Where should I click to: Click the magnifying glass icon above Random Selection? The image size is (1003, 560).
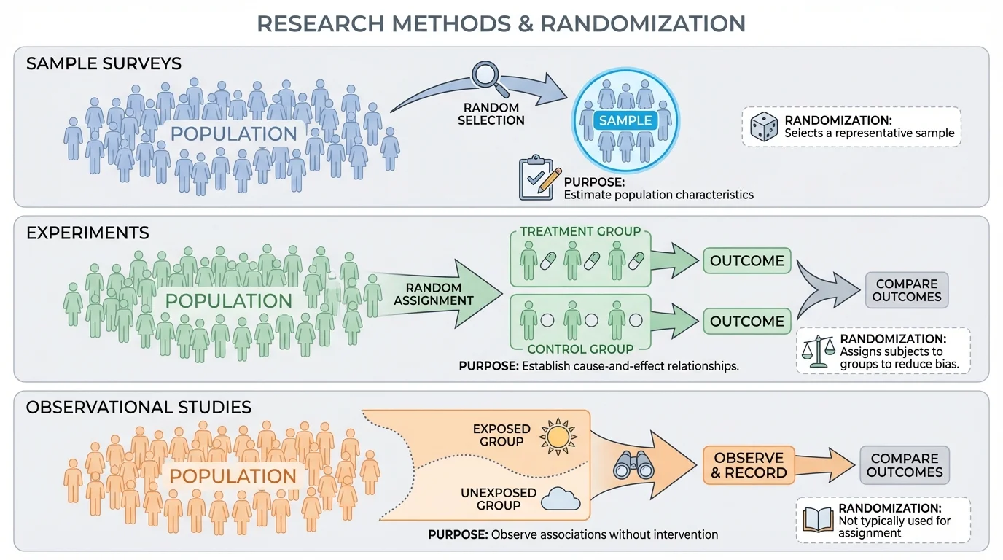(485, 76)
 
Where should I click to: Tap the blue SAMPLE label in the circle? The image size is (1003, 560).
(625, 120)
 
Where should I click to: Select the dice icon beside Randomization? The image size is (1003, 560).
(765, 127)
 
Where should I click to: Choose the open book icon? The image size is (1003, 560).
(817, 519)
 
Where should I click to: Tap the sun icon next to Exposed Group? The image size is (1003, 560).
(558, 435)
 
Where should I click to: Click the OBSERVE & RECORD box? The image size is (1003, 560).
(749, 465)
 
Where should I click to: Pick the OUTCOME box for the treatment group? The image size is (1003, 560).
(746, 260)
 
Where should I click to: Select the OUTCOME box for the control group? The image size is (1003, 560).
(746, 321)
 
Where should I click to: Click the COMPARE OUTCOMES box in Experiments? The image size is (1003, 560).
(907, 290)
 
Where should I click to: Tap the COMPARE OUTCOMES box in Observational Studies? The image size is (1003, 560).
(905, 465)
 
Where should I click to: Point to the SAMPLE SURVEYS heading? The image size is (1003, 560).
(104, 63)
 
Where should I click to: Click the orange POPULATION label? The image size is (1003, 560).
(233, 476)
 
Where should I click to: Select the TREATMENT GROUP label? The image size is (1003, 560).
(580, 231)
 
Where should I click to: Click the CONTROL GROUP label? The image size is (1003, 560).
(580, 349)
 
